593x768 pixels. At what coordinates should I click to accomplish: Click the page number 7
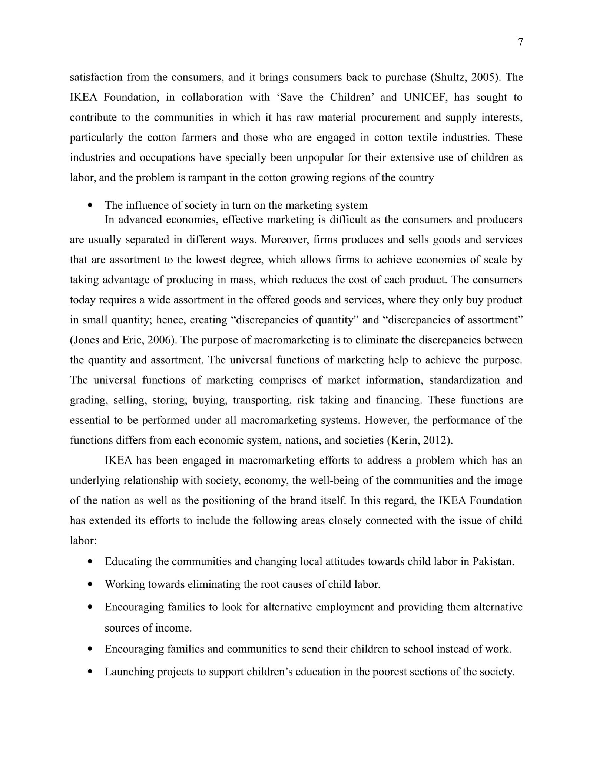pyautogui.click(x=520, y=43)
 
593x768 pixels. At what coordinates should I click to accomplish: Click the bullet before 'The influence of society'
pyautogui.click(x=90, y=205)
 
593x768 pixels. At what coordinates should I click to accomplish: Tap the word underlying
pyautogui.click(x=95, y=481)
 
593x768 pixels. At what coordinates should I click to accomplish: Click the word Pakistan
pyautogui.click(x=492, y=562)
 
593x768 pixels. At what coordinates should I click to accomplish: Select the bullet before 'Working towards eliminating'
pyautogui.click(x=90, y=585)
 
